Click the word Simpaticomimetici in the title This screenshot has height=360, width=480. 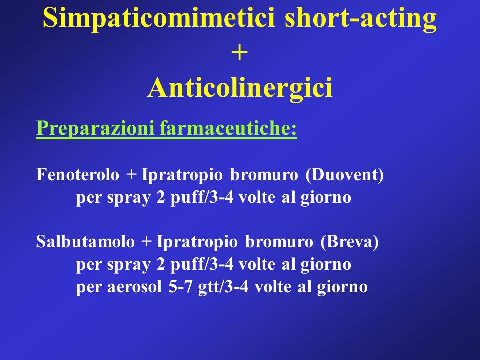pos(159,18)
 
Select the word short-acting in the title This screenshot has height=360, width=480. pos(360,18)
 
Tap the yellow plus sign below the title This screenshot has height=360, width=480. pos(239,53)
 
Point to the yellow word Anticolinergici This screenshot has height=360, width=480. pos(240,87)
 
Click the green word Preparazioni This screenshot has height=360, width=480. pos(95,128)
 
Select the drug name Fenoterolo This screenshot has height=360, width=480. pos(78,175)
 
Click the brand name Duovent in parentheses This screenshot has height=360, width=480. pos(344,175)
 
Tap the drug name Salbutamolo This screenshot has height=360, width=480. pos(85,242)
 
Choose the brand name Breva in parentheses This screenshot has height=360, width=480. pos(350,242)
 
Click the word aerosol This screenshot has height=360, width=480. pos(134,287)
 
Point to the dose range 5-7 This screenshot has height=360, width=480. pos(180,287)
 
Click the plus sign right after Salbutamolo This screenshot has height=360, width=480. pos(146,242)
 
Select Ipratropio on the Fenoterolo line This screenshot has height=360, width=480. pos(182,175)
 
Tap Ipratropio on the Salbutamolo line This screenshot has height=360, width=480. pos(197,242)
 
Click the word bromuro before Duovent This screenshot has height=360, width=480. pos(264,175)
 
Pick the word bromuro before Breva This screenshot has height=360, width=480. pos(279,242)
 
